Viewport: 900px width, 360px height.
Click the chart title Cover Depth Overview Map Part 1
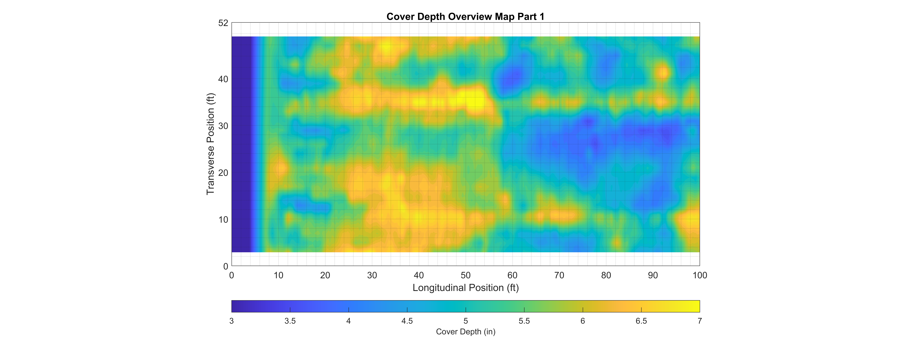(x=465, y=17)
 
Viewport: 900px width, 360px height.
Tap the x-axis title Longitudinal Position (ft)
(x=465, y=288)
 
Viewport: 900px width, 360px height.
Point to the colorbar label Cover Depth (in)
(x=465, y=332)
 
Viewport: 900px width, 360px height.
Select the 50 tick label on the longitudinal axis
(x=465, y=275)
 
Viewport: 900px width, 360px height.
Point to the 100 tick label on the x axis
(x=700, y=275)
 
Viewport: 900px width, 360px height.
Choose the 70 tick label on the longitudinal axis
(x=559, y=275)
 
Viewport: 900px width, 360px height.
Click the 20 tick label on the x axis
(x=325, y=275)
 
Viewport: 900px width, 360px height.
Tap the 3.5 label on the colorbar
(x=290, y=321)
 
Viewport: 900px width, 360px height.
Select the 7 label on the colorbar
(x=700, y=321)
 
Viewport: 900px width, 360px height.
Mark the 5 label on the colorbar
(x=465, y=321)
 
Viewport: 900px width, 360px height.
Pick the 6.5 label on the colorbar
(x=641, y=321)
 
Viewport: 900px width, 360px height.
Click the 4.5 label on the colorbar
(x=407, y=321)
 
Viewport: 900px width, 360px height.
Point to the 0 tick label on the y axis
(x=226, y=266)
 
